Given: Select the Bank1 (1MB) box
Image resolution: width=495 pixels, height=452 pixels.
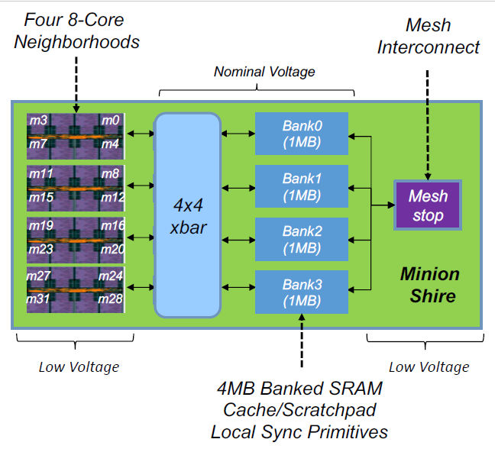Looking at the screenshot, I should point(301,186).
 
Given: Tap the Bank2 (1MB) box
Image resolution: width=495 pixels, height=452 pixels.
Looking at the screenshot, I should point(301,238).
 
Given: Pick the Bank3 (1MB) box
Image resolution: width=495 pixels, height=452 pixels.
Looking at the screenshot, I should point(301,291).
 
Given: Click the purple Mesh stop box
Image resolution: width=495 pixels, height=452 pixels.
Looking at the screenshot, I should point(427,205).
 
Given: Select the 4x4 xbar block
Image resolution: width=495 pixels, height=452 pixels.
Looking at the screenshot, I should point(187,215).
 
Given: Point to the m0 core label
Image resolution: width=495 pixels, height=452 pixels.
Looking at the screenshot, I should point(111,121).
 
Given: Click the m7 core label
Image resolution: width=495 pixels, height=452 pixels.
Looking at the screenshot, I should point(39,144).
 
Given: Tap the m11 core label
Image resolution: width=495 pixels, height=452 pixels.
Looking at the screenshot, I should point(41,173).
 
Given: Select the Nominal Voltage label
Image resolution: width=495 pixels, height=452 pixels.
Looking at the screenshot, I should point(264,73).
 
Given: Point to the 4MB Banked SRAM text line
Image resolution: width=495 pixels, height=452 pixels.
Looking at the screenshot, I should point(299,389).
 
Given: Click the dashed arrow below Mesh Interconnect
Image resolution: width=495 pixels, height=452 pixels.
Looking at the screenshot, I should point(428,122).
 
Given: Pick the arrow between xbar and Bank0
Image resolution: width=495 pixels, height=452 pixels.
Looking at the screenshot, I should point(238,134).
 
